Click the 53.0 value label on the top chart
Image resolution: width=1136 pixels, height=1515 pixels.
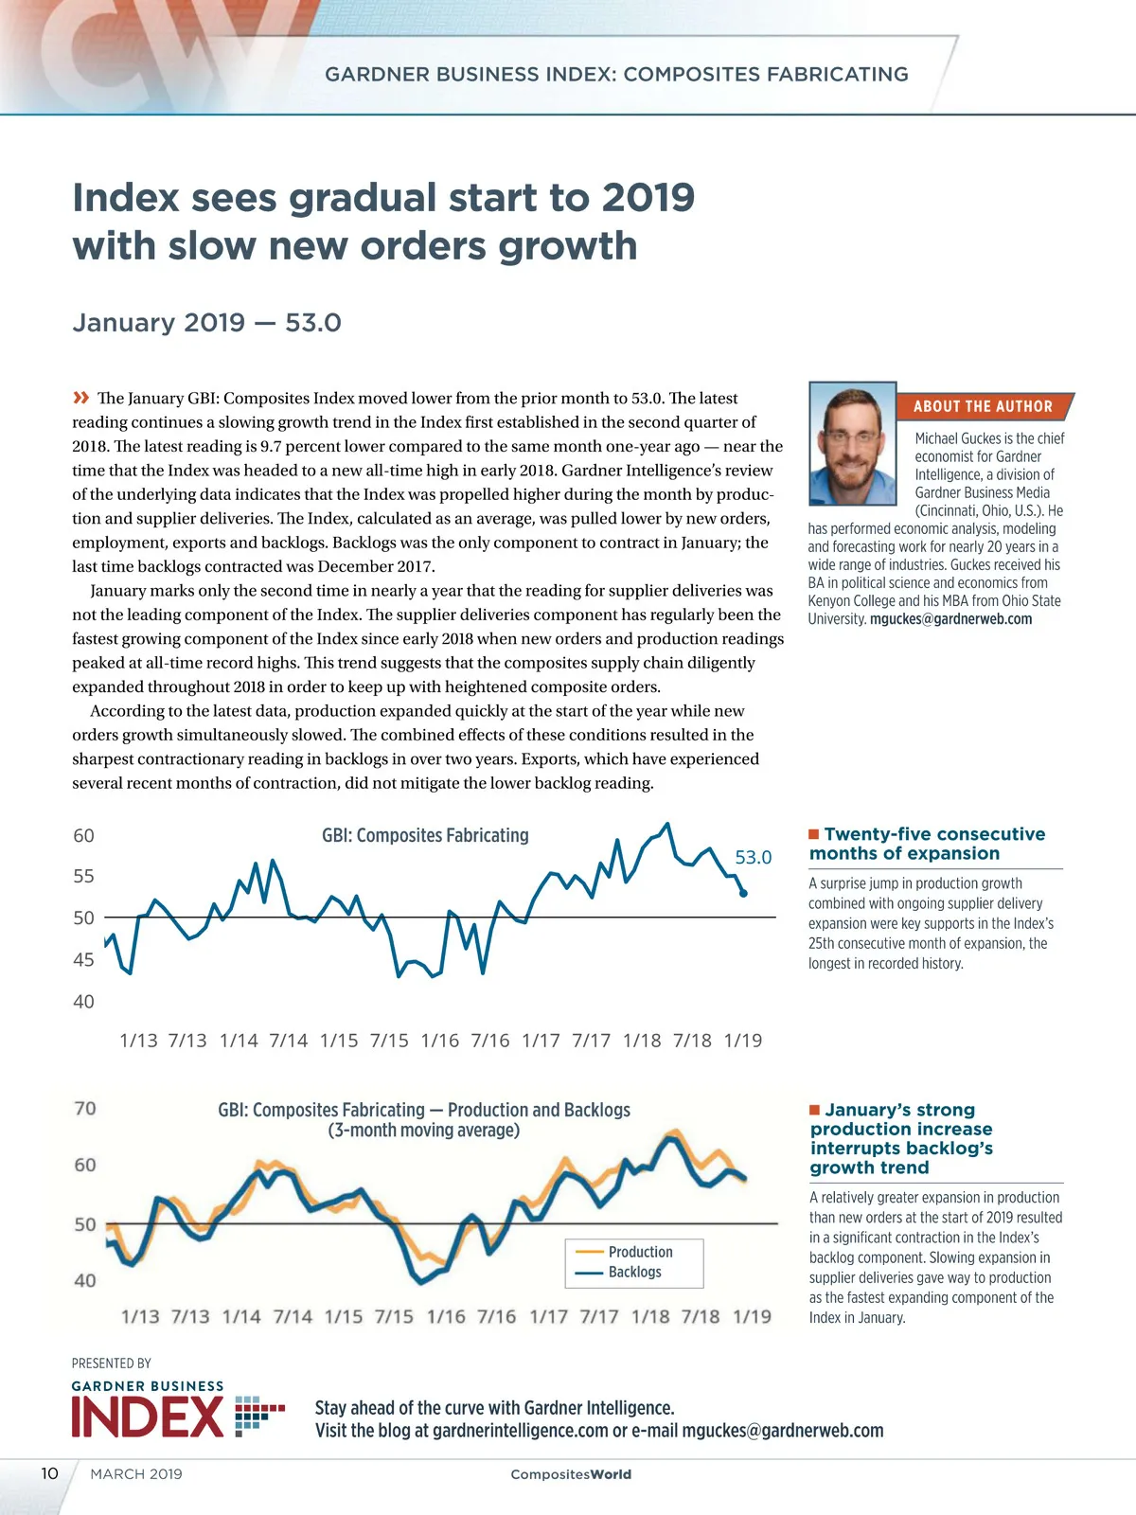pyautogui.click(x=754, y=857)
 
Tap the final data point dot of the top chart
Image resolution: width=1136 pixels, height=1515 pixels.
pyautogui.click(x=743, y=893)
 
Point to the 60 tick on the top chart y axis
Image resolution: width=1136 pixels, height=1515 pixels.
pyautogui.click(x=84, y=835)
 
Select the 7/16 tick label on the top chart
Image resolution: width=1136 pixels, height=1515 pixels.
pyautogui.click(x=490, y=1041)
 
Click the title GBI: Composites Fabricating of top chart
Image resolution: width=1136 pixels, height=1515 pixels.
pyautogui.click(x=425, y=835)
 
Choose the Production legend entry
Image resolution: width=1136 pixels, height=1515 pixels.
pyautogui.click(x=640, y=1252)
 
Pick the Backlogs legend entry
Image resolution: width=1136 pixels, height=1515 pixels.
pyautogui.click(x=634, y=1272)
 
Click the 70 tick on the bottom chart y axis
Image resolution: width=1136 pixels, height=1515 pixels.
pyautogui.click(x=85, y=1108)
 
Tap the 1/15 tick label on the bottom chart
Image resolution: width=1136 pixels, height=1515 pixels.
pyautogui.click(x=343, y=1316)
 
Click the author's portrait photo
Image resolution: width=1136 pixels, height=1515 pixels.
pyautogui.click(x=852, y=443)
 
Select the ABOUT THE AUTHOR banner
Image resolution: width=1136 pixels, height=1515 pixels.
pyautogui.click(x=983, y=406)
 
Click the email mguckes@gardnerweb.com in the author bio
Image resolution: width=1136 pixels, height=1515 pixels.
pyautogui.click(x=950, y=619)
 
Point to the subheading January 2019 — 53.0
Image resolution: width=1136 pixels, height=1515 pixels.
pyautogui.click(x=206, y=323)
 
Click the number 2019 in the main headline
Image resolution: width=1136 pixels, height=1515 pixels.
pyautogui.click(x=648, y=198)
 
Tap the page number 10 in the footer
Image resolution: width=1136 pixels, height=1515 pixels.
pyautogui.click(x=49, y=1473)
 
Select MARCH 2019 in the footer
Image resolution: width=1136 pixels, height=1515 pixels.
pyautogui.click(x=136, y=1474)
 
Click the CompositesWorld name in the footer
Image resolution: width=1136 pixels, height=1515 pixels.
pyautogui.click(x=571, y=1474)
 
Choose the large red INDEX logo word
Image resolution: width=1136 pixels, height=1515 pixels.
pyautogui.click(x=148, y=1417)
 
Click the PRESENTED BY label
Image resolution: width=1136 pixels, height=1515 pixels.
pyautogui.click(x=112, y=1363)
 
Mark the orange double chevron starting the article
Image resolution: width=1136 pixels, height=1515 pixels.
pyautogui.click(x=81, y=398)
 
